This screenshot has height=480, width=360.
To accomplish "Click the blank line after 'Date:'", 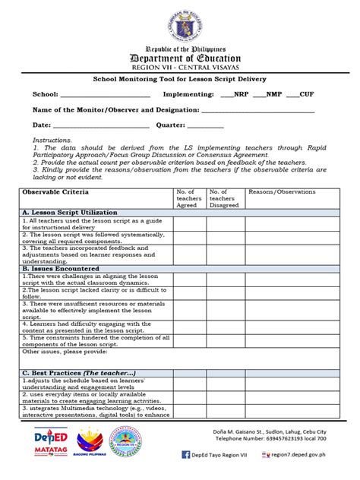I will tap(99, 125).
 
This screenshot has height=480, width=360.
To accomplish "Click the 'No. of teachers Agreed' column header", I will tap(188, 198).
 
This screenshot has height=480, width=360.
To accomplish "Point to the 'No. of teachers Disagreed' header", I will tap(226, 198).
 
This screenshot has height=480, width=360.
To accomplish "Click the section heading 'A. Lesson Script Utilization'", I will tap(70, 212).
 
